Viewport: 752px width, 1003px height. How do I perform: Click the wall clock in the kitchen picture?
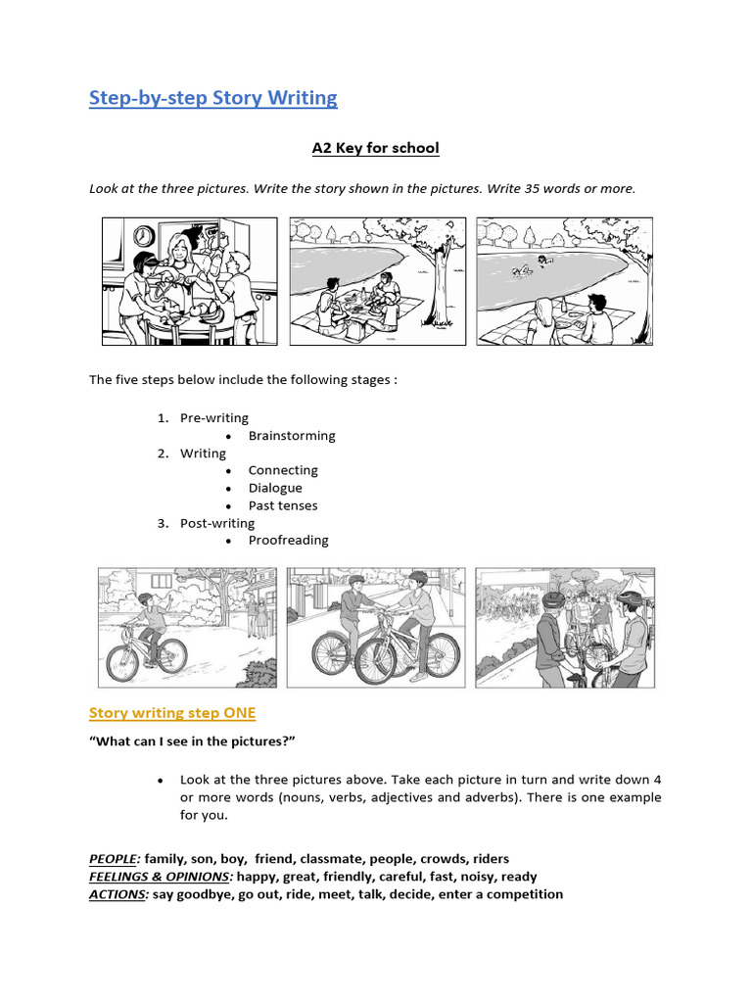pos(144,236)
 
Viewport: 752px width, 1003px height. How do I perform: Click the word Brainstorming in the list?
pos(292,436)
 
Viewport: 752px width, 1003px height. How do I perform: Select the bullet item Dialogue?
pos(275,488)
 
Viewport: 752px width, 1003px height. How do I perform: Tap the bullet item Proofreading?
pos(288,541)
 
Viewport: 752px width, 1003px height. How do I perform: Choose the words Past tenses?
pos(283,505)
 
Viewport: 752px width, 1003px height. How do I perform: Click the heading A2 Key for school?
pos(375,148)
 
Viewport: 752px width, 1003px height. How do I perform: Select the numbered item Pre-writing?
pos(214,418)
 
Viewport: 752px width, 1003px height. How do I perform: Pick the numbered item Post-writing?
pos(217,523)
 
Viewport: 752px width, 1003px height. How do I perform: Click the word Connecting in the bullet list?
pos(283,470)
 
